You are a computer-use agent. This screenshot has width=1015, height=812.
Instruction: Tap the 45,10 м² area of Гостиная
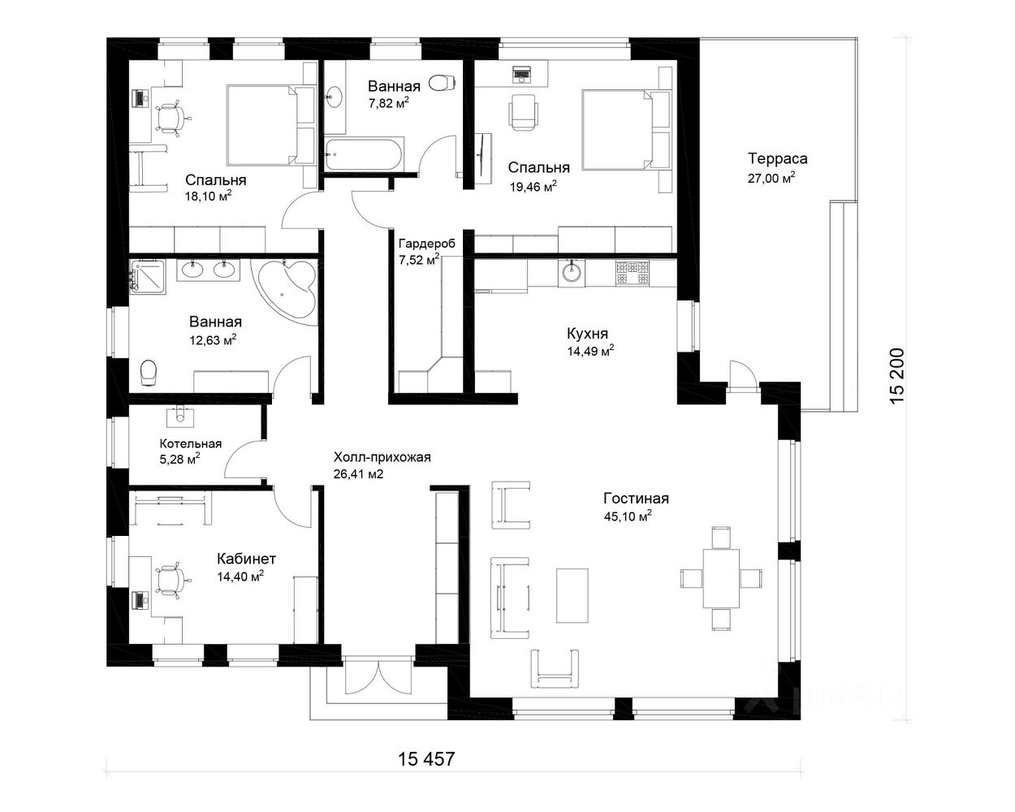628,516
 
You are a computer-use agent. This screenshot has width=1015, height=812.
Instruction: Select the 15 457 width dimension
426,759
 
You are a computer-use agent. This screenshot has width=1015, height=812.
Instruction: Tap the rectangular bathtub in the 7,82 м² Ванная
364,153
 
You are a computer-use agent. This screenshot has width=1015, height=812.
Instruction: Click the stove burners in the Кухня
633,273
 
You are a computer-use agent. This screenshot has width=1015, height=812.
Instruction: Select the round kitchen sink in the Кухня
572,273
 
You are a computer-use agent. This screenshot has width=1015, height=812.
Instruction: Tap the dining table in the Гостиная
721,578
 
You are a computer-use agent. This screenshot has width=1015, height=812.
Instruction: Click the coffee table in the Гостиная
572,595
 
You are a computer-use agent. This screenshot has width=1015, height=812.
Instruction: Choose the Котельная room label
191,443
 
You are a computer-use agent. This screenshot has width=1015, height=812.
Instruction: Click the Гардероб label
427,244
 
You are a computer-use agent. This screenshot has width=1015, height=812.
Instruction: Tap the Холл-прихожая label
382,457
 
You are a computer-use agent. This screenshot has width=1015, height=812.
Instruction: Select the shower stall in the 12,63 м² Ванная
148,276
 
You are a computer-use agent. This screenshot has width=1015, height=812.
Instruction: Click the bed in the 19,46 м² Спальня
627,129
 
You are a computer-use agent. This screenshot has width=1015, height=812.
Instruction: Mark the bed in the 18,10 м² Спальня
271,125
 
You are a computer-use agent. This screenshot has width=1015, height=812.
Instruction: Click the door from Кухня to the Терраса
742,377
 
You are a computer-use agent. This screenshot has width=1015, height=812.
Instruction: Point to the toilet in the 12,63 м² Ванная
149,373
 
